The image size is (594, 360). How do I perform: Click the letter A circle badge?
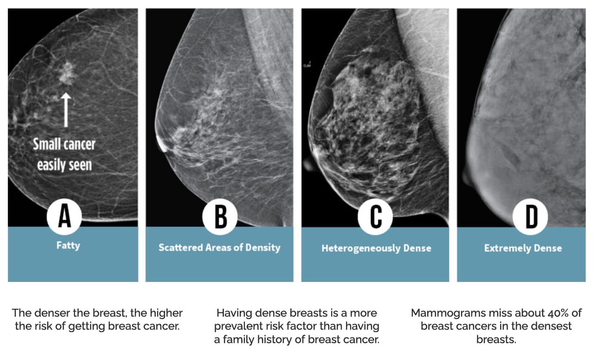coord(65,217)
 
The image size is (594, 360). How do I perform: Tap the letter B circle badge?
coord(220,217)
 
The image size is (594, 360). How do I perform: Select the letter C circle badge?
coord(375,217)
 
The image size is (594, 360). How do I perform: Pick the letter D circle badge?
coord(530,217)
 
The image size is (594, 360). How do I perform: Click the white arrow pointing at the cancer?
coord(66,109)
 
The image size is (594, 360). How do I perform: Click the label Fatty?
coord(68,245)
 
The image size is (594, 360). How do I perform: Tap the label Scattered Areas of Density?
coord(220,247)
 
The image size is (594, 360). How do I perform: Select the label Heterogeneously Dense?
coord(376,248)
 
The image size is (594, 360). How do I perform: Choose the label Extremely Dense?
coord(523,248)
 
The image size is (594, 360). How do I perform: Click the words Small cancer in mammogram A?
coord(64,144)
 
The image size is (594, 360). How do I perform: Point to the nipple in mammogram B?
coord(162,145)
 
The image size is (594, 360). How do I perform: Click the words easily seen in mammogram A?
coord(64,164)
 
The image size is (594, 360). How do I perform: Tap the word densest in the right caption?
coord(555,326)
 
